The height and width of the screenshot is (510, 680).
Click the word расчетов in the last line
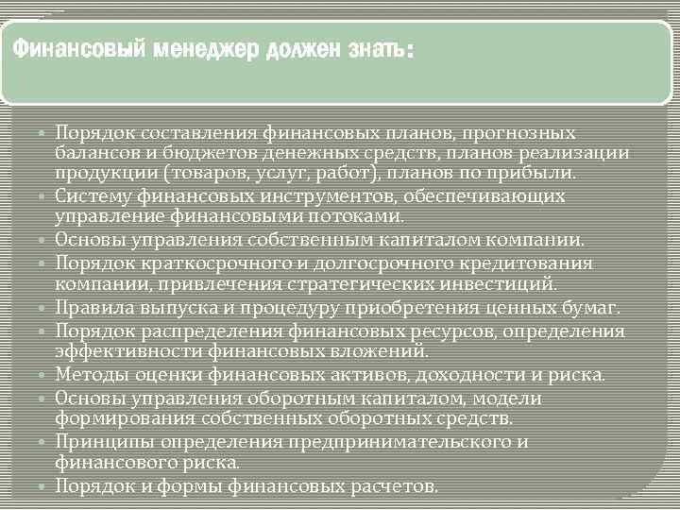[x=394, y=486]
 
